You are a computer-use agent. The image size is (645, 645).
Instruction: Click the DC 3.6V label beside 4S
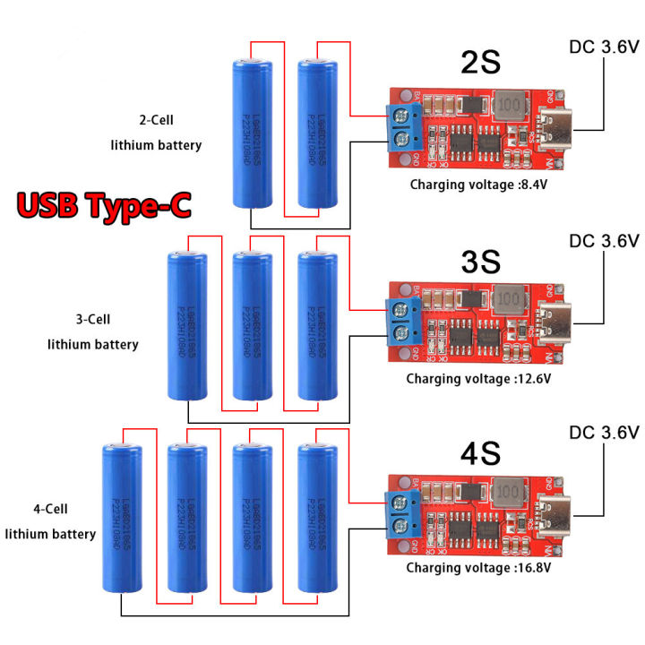click(604, 433)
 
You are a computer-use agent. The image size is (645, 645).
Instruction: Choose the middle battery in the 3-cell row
click(252, 326)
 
